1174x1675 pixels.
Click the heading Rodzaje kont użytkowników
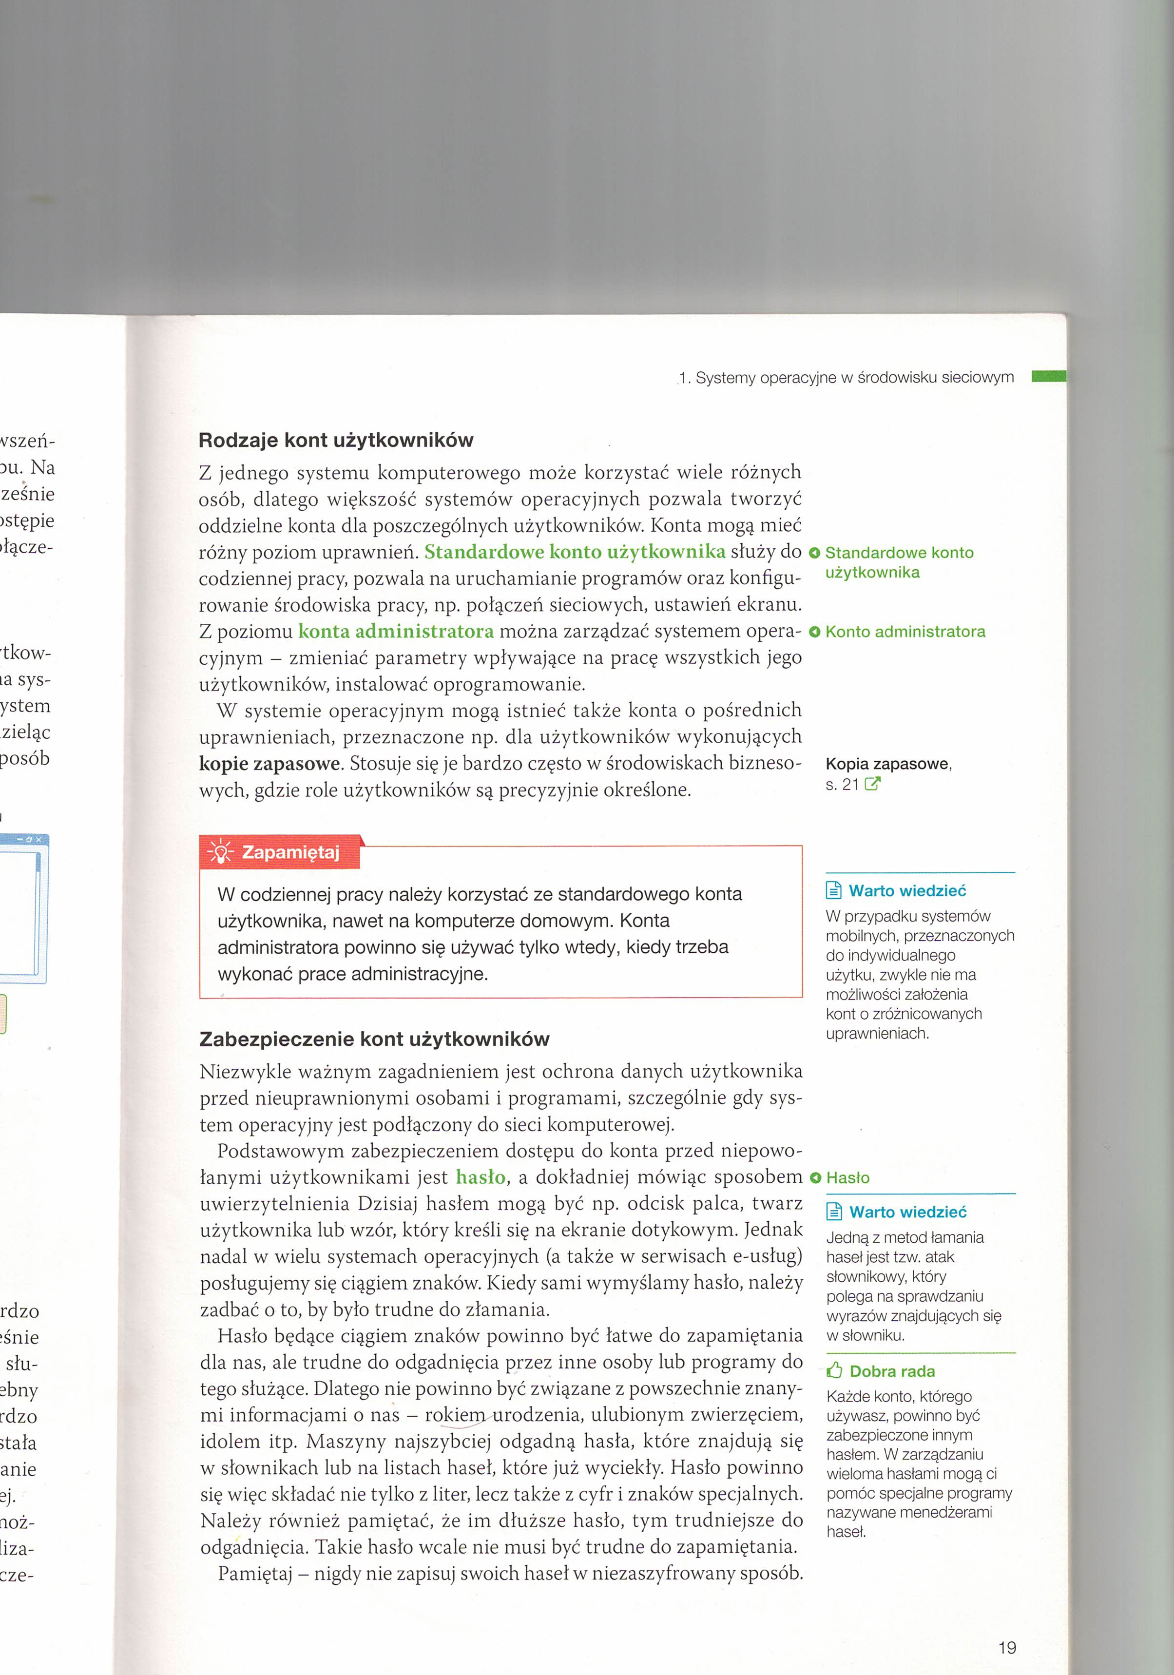tap(336, 441)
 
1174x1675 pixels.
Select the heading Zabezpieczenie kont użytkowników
tap(374, 1039)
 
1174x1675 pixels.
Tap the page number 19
tap(1007, 1647)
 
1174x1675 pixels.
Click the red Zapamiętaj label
tap(290, 852)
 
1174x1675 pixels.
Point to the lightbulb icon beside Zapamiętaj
tap(220, 852)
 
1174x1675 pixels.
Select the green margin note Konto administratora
tap(905, 632)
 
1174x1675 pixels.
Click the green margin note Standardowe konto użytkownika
tap(899, 562)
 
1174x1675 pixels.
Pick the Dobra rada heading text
tap(892, 1371)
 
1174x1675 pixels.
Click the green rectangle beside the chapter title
tap(1048, 376)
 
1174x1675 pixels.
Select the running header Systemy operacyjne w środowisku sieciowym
tap(847, 378)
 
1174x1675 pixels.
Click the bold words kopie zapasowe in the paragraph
tap(269, 764)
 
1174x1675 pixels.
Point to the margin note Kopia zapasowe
tap(888, 764)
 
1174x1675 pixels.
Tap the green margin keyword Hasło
tap(847, 1177)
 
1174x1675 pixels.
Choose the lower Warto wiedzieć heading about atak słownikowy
tap(908, 1212)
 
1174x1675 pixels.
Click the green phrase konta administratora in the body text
tap(395, 631)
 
